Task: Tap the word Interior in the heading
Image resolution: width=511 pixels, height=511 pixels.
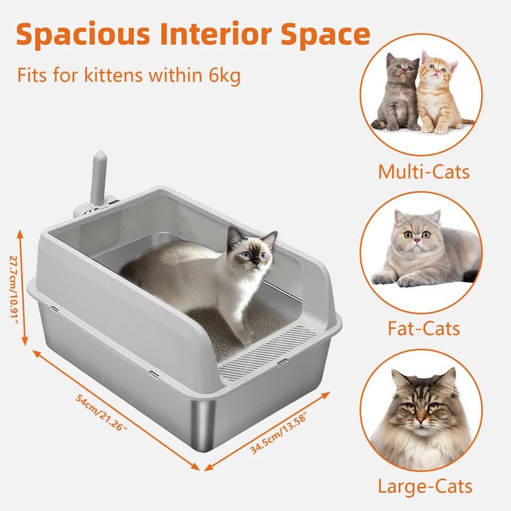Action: coord(216,34)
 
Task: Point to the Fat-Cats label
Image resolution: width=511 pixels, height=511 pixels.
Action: coord(424,328)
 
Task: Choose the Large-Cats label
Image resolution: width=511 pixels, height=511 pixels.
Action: coord(425,487)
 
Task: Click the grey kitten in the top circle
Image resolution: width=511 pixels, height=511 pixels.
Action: coord(396,93)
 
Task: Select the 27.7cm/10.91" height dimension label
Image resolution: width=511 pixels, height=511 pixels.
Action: coord(14,289)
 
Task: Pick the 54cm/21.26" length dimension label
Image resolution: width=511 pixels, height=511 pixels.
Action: coord(101,413)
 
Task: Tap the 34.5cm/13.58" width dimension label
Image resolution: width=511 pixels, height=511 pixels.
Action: coord(278,433)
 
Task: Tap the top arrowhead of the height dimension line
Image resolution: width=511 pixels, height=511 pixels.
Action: coord(20,234)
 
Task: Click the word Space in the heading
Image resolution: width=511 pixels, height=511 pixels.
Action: coord(326,35)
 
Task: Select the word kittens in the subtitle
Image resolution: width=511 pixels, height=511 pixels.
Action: coord(113,75)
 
